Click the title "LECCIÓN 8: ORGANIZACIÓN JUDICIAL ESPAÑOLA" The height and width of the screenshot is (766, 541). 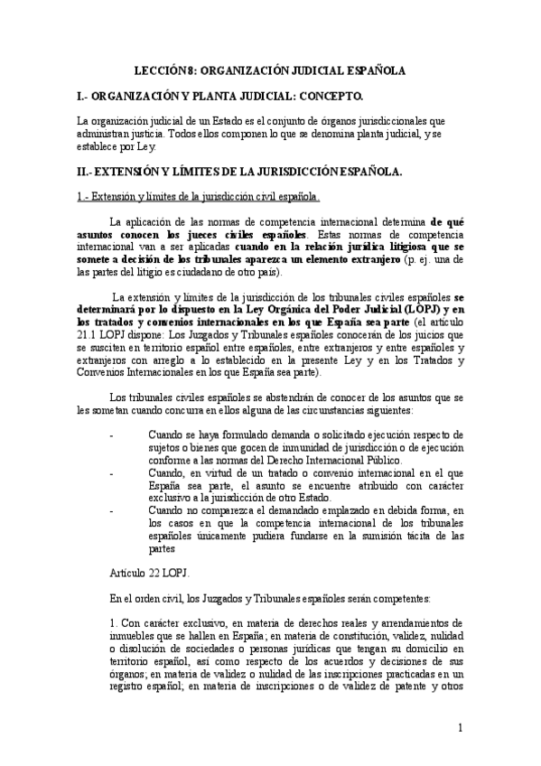point(269,69)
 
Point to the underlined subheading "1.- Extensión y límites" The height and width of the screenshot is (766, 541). point(195,196)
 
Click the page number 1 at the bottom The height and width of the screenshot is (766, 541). point(461,728)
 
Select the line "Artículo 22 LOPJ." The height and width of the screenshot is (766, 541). point(149,571)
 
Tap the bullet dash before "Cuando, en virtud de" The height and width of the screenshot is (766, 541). point(110,472)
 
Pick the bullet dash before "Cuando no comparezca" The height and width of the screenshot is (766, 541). point(110,509)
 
